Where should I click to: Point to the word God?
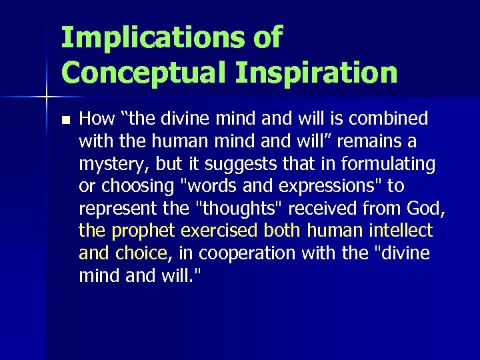[427, 209]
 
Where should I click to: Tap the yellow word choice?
[141, 254]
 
